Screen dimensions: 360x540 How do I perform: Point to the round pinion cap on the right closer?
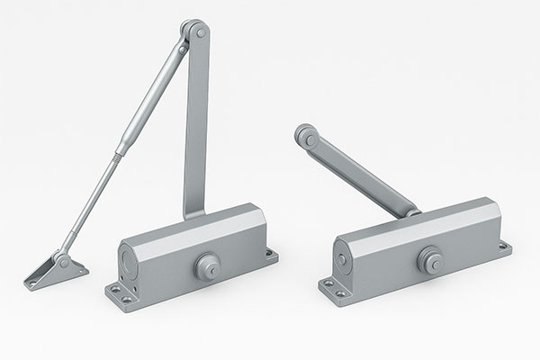coord(429,260)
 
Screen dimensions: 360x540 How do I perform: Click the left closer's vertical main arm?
coord(197,126)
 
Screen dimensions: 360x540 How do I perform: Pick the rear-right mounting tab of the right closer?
coord(505,246)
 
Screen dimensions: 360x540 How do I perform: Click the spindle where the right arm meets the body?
coord(410,212)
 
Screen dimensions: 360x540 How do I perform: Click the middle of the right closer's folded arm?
coord(359,174)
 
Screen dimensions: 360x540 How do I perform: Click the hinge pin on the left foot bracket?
coord(62,261)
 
